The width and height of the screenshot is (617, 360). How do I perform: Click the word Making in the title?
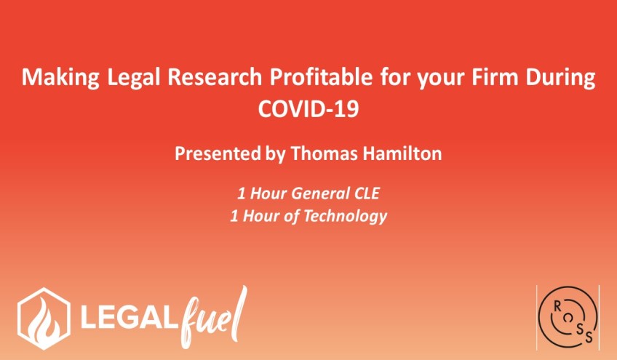tap(60, 77)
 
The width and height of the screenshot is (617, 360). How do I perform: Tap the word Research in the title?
tap(215, 77)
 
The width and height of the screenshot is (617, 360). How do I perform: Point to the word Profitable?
tap(321, 77)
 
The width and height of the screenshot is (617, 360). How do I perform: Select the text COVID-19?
tap(308, 108)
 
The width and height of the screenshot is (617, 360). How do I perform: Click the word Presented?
tap(218, 153)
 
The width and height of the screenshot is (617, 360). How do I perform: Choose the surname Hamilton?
tap(402, 153)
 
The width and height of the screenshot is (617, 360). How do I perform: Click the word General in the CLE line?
tap(321, 193)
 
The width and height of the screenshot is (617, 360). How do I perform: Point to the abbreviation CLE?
tap(367, 193)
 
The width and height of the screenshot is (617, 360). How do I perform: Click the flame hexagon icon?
tap(44, 319)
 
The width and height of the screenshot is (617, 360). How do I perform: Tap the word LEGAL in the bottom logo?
tap(128, 319)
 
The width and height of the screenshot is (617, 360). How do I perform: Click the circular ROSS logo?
tap(568, 317)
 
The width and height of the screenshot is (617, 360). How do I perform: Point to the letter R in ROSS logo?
tap(557, 307)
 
